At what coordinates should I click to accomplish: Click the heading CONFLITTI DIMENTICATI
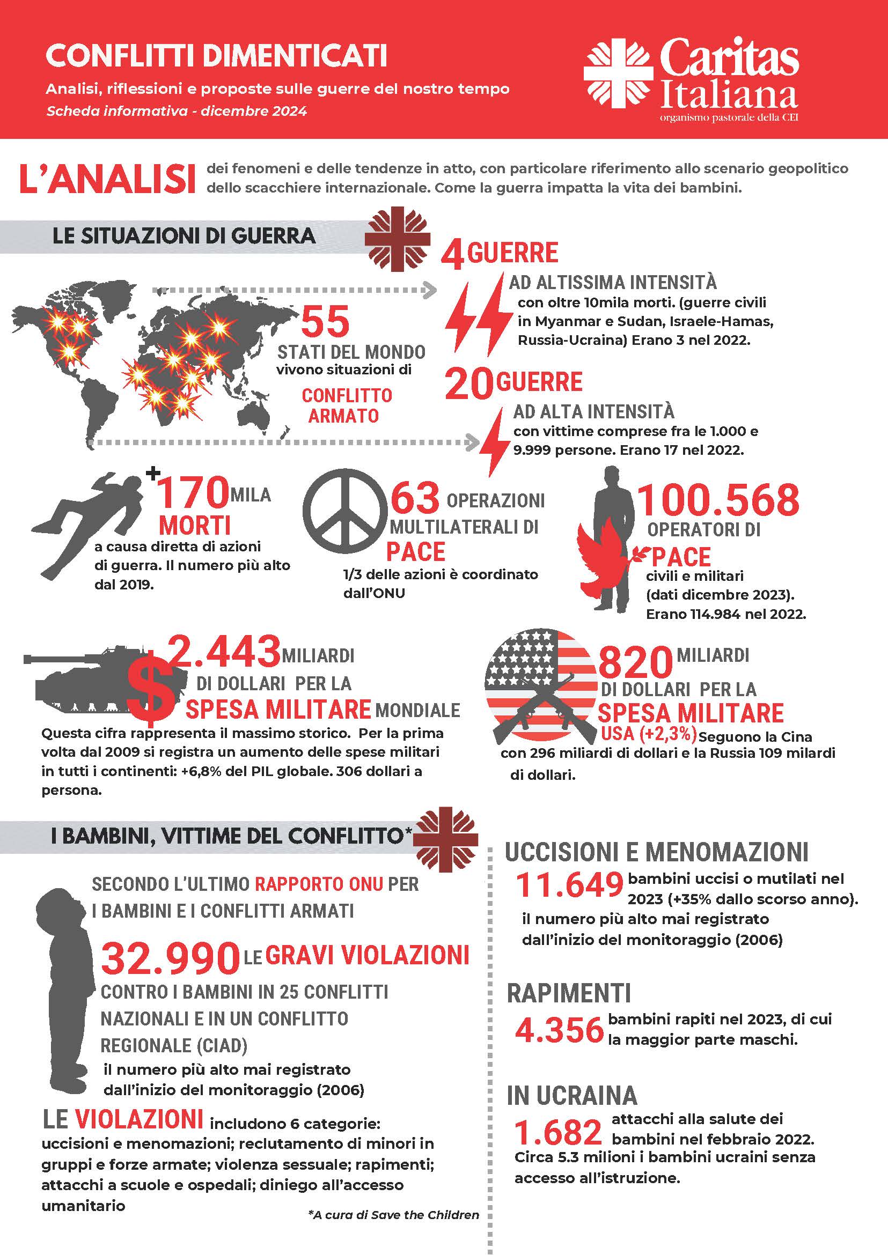pos(217,56)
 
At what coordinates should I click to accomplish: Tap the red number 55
pos(325,322)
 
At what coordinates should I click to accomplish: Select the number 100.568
pos(718,500)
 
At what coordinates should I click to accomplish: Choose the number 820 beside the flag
pos(635,662)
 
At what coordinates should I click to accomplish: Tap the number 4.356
pos(560,1030)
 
